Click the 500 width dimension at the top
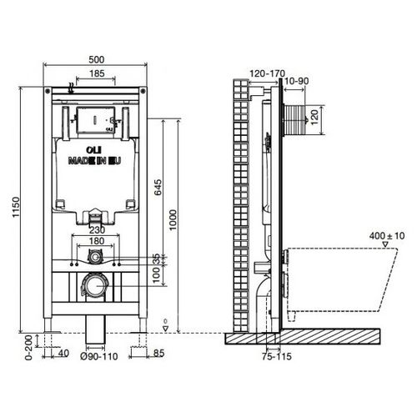97,59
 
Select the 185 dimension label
97,73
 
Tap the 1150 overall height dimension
16,208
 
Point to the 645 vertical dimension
157,188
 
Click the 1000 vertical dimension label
173,220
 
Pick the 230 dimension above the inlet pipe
97,230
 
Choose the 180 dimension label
97,241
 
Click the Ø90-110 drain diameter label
99,356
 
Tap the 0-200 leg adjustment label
28,348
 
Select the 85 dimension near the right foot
158,354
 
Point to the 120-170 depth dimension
267,73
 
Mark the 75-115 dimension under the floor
277,356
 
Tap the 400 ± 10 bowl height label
387,236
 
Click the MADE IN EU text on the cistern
94,161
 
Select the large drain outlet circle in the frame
94,285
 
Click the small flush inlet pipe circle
95,257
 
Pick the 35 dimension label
157,259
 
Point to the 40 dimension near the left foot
63,354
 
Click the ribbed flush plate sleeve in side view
294,120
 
